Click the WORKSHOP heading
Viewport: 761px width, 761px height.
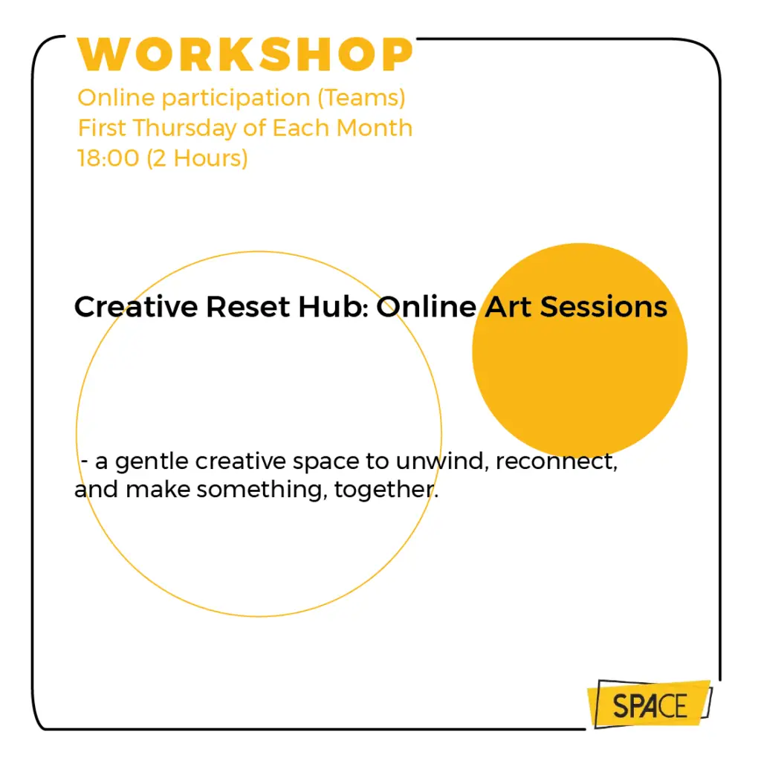[x=245, y=54]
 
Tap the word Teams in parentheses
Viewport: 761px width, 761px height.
[x=361, y=97]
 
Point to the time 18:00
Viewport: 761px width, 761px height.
[x=108, y=158]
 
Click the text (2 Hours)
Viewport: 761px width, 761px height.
[x=197, y=159]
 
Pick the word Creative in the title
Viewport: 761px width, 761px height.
[x=137, y=307]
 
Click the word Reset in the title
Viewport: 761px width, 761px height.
[x=247, y=307]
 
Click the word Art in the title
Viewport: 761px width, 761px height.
[x=508, y=307]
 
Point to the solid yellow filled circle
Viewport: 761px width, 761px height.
[x=580, y=351]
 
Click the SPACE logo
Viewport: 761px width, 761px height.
[x=650, y=705]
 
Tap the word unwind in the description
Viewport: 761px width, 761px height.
[x=440, y=461]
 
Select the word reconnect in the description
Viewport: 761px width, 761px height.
[x=556, y=462]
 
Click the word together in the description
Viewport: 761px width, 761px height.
[x=386, y=490]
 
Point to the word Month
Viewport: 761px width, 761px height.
[x=375, y=128]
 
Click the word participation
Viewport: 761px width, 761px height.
[x=236, y=99]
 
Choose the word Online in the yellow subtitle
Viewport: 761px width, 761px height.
[x=116, y=97]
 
